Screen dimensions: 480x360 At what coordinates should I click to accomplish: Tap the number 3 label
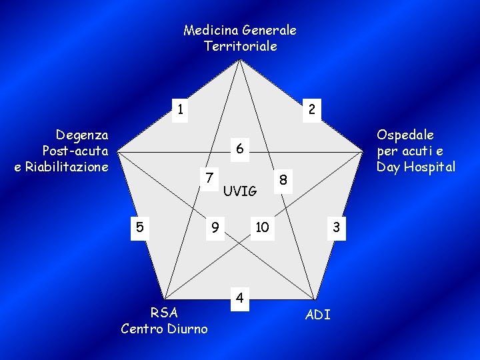pos(337,227)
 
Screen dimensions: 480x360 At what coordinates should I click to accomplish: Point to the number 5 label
pos(139,227)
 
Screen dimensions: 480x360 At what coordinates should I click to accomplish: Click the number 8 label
pos(283,179)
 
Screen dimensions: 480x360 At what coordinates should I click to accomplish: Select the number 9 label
pos(215,227)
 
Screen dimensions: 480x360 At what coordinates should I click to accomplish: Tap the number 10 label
pos(262,227)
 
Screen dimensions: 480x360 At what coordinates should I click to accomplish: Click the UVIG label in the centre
pos(240,191)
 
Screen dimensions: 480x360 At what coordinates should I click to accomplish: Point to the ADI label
pos(317,315)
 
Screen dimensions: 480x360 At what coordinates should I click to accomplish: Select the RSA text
pos(164,313)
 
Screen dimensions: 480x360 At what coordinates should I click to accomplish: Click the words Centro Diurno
pos(164,329)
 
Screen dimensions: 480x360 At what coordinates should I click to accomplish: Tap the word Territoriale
pos(240,46)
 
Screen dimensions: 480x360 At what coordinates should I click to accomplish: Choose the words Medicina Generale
pos(240,30)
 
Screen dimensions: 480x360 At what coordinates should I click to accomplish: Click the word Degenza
pos(82,135)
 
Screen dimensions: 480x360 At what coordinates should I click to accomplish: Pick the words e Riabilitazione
pos(61,166)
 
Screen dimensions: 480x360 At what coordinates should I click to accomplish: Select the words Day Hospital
pos(416,166)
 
